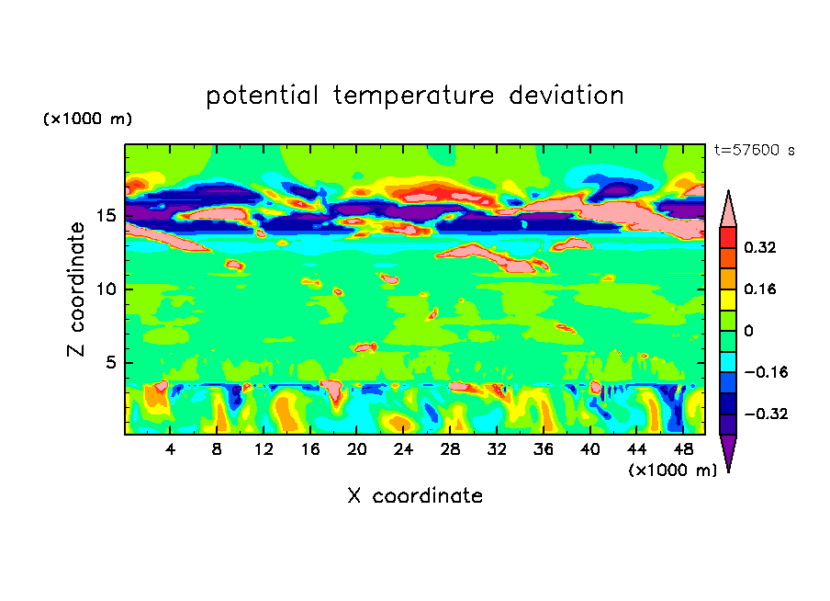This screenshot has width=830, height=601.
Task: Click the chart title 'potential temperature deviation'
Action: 415,96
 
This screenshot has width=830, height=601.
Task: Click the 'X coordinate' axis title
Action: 415,496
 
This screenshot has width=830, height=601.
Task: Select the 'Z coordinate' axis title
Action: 77,289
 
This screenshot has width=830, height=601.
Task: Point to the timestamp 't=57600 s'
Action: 755,150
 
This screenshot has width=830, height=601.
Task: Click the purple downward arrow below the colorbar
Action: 728,451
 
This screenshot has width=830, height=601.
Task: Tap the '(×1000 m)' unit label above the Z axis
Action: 87,119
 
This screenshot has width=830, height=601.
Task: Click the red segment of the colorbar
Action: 728,236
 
